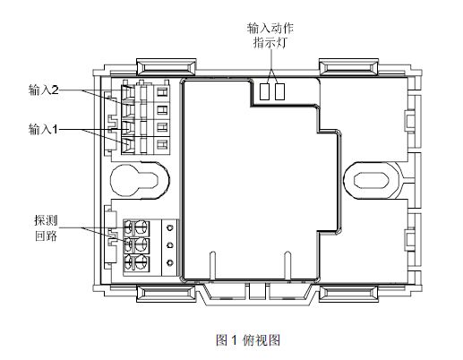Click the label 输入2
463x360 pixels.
pos(44,90)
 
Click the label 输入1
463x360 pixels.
pos(43,130)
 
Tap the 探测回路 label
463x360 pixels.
pos(46,228)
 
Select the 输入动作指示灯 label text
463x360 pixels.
pos(270,35)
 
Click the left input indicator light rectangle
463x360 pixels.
pos(264,91)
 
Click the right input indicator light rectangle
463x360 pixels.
pos(279,91)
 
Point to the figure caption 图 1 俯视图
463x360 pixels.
pos(248,340)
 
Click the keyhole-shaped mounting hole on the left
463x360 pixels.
pos(140,180)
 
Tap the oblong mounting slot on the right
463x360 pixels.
pos(372,180)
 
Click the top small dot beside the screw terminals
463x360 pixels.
pos(170,228)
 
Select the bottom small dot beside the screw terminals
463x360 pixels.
pos(170,262)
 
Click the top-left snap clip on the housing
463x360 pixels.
pos(167,67)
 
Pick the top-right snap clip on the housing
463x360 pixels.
pos(348,67)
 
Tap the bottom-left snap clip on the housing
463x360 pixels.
pos(167,293)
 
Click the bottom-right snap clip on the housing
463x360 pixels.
pos(348,293)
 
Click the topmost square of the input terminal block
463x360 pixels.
pos(162,92)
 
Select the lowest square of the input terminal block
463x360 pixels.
pos(162,145)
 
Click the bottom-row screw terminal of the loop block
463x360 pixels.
pos(137,263)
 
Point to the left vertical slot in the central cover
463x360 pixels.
pos(213,266)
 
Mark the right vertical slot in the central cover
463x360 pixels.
pos(287,266)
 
